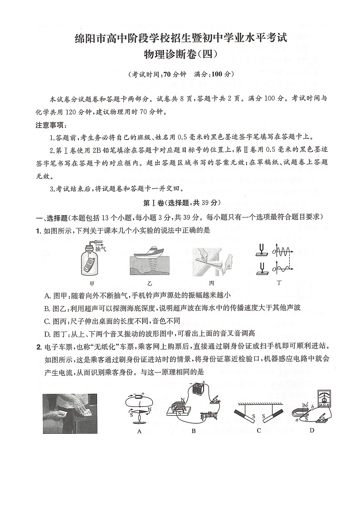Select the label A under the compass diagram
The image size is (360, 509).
[140, 431]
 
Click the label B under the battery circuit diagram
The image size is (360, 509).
[194, 431]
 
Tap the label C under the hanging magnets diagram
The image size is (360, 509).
[259, 430]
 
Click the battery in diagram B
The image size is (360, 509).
[198, 389]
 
